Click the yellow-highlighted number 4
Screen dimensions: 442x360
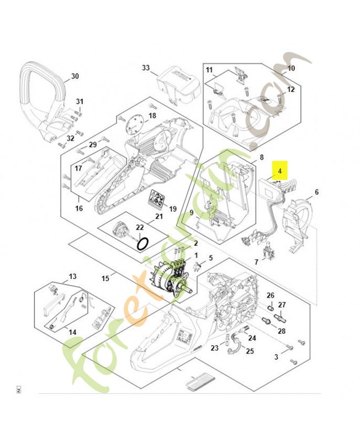(280, 171)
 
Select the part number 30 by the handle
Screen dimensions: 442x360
(75, 76)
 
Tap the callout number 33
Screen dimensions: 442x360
(146, 68)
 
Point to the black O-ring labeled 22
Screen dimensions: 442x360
(143, 243)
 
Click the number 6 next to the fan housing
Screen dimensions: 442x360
(316, 192)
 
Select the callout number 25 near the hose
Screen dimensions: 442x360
(250, 351)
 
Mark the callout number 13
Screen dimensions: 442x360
(72, 276)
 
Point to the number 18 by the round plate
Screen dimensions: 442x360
(152, 115)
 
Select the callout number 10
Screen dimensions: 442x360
(291, 69)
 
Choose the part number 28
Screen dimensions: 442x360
(282, 331)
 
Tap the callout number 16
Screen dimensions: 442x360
(79, 208)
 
